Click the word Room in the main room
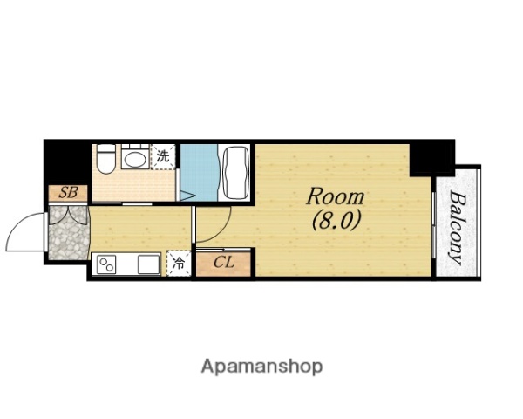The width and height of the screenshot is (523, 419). coord(336,196)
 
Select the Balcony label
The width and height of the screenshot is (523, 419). coord(456,228)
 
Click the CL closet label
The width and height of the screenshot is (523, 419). coord(224,262)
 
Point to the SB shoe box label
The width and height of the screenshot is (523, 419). coord(68,193)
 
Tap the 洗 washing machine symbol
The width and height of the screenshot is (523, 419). coord(163,156)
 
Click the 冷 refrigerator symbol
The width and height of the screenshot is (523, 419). coord(179,264)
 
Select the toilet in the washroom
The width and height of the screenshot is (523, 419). coord(105,158)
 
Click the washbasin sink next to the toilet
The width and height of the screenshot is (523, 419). coord(135,158)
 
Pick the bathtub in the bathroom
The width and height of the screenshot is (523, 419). coord(236,173)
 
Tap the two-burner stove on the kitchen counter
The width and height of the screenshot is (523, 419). coord(106,264)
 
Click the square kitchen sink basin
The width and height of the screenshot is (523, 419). coord(149,264)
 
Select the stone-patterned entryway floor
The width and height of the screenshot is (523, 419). coord(69,232)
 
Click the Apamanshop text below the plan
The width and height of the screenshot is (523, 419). coord(261,367)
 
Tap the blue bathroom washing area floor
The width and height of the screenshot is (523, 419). coord(199,173)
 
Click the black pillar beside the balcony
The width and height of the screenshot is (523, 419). coord(432,158)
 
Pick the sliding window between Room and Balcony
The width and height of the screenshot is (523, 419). coord(433,225)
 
